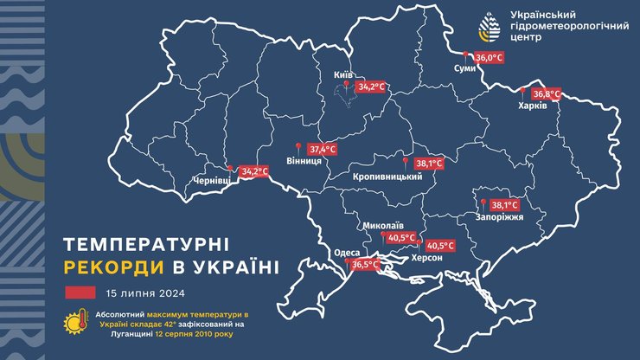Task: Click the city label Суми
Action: [465, 69]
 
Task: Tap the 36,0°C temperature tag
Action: [490, 57]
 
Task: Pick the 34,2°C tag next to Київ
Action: [370, 87]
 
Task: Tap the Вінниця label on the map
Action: [304, 161]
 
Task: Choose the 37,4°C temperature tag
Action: [322, 149]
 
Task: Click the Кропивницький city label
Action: [387, 177]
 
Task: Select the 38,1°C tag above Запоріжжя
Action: [504, 205]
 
